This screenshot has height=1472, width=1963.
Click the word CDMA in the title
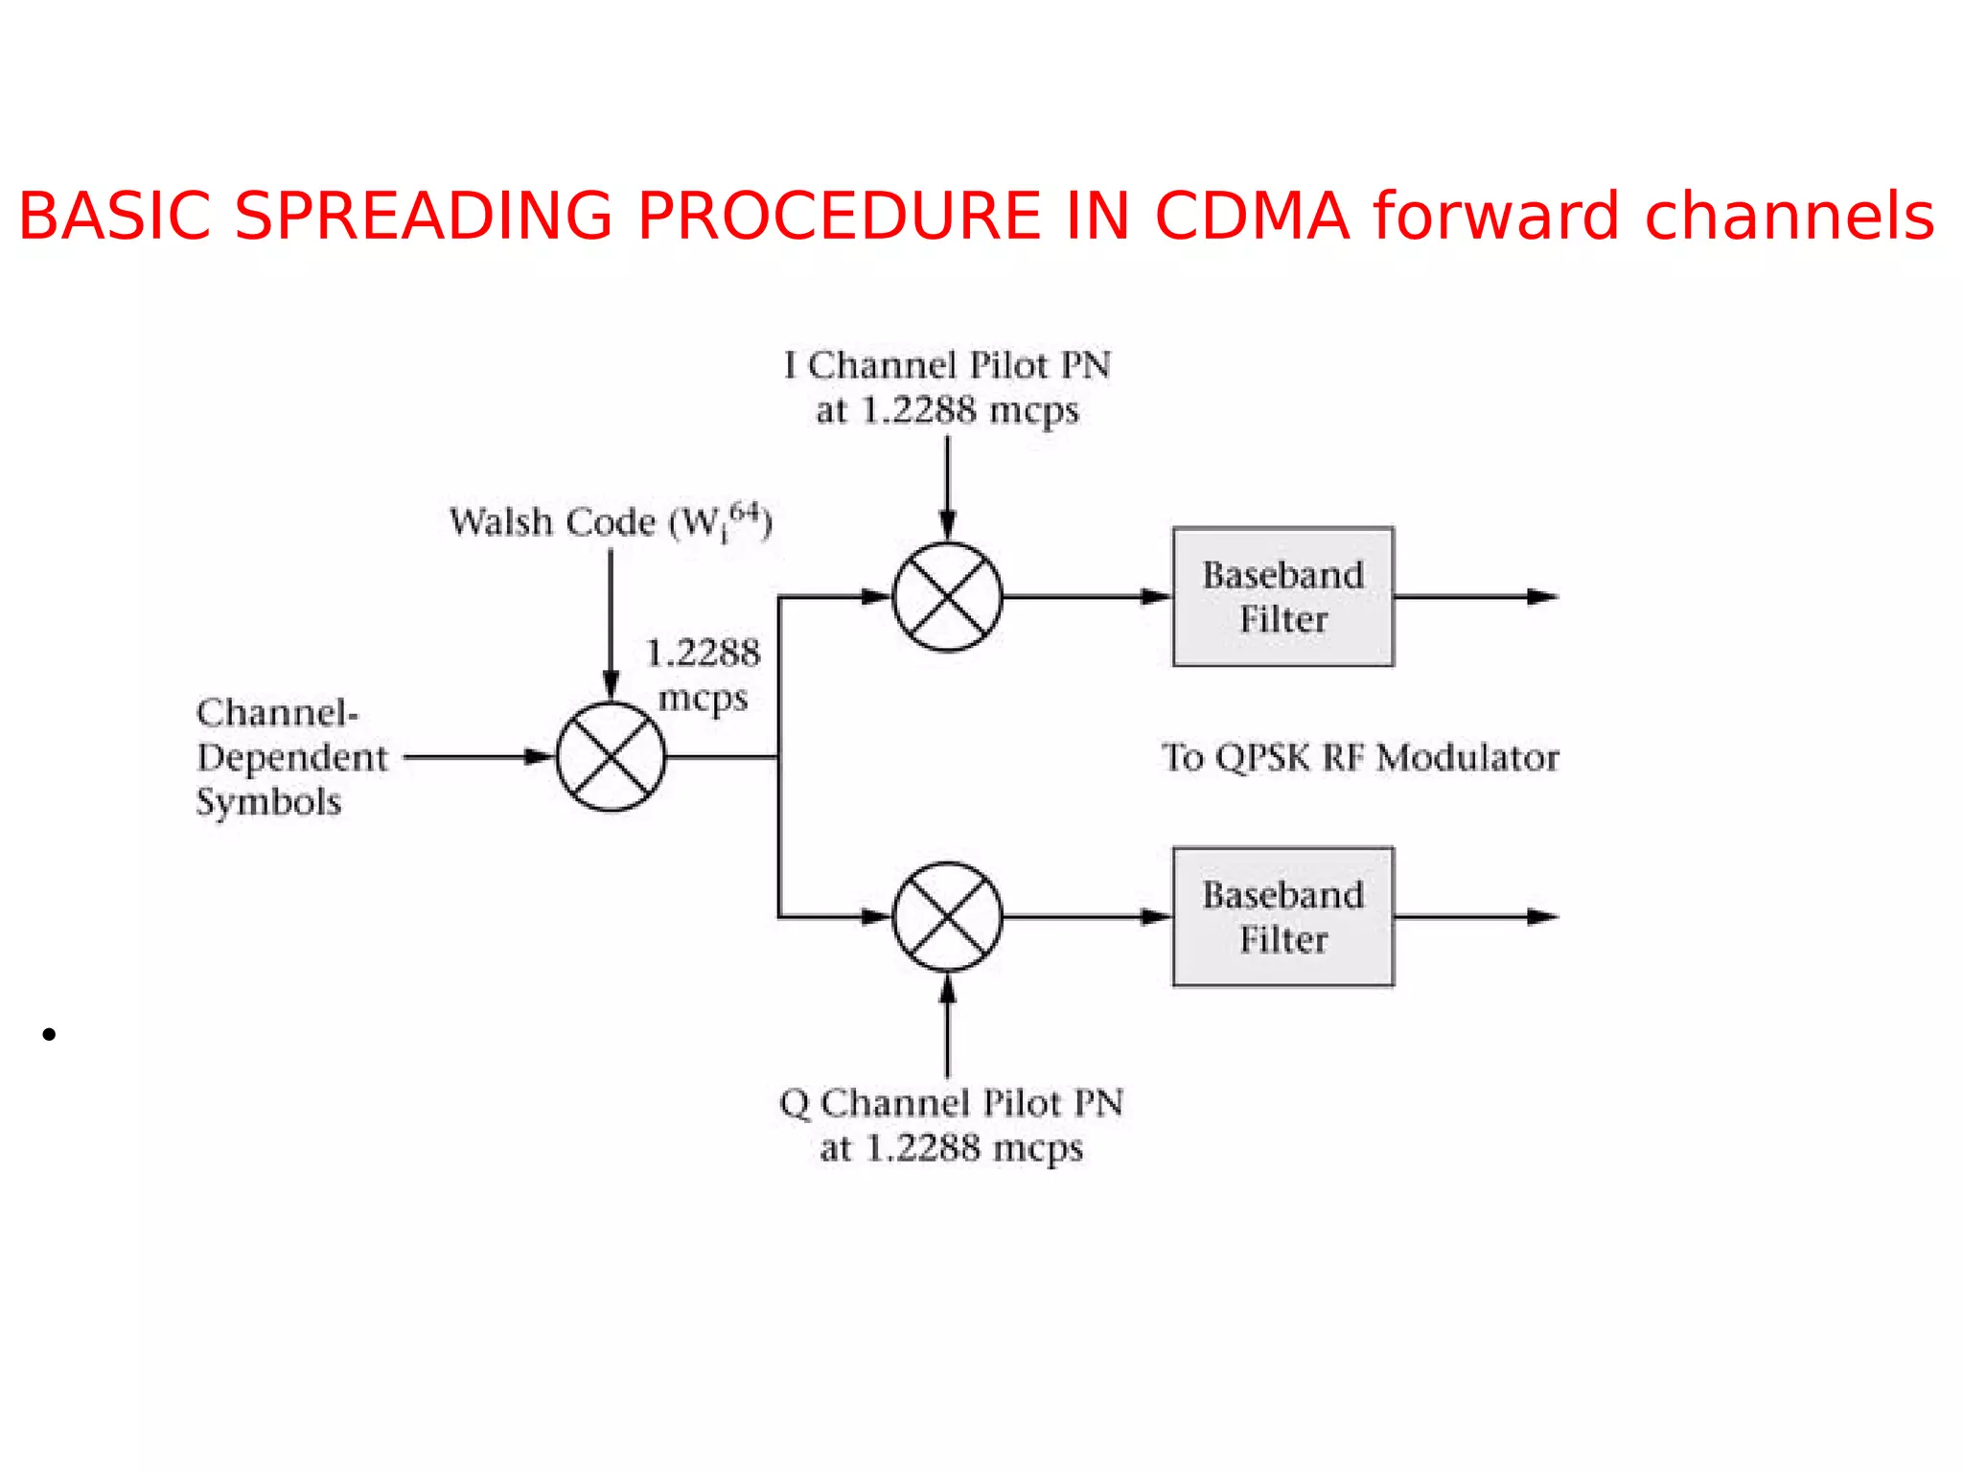coord(1252,216)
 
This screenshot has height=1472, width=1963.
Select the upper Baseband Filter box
coord(1282,596)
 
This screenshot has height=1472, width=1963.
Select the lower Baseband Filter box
coord(1282,916)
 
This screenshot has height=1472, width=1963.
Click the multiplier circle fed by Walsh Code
coord(611,757)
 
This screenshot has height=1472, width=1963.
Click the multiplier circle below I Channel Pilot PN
coord(947,596)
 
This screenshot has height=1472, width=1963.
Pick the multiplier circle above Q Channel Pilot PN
coord(947,917)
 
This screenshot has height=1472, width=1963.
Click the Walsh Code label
coord(610,522)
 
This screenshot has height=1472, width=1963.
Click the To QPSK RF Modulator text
coord(1360,757)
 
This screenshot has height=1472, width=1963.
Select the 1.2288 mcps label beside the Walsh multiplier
coord(703,675)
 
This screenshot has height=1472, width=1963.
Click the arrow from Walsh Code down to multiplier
coord(611,623)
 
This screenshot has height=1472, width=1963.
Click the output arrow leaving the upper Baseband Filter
coord(1476,596)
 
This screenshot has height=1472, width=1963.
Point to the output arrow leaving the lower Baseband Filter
coord(1476,917)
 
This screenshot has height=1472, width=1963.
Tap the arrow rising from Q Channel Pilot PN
coord(947,1025)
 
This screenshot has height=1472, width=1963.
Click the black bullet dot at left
coord(49,1034)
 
